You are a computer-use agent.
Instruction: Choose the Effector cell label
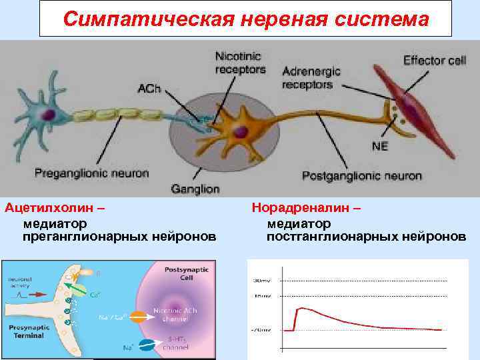pos(434,60)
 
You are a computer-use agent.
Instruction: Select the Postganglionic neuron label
pos(362,176)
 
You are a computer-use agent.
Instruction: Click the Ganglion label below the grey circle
pos(195,189)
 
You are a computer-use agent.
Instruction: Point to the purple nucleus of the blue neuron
pos(48,114)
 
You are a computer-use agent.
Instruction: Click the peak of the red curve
pos(303,308)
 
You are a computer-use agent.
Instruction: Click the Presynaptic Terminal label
pos(27,331)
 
